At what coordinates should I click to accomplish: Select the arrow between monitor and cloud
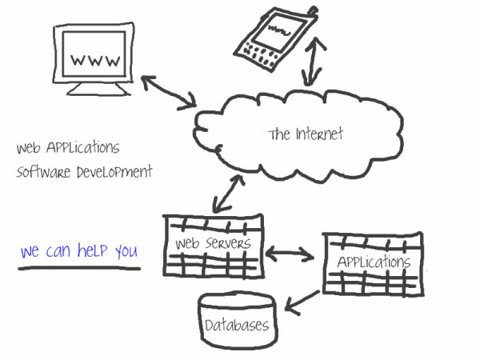[x=169, y=92]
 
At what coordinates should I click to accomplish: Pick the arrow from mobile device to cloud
[x=313, y=60]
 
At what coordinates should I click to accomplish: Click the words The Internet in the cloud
[x=305, y=134]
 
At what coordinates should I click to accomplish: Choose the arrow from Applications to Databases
[x=306, y=301]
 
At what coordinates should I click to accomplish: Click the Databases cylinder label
[x=237, y=326]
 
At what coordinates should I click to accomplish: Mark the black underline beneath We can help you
[x=80, y=266]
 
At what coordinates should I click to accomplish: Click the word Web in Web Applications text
[x=29, y=148]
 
